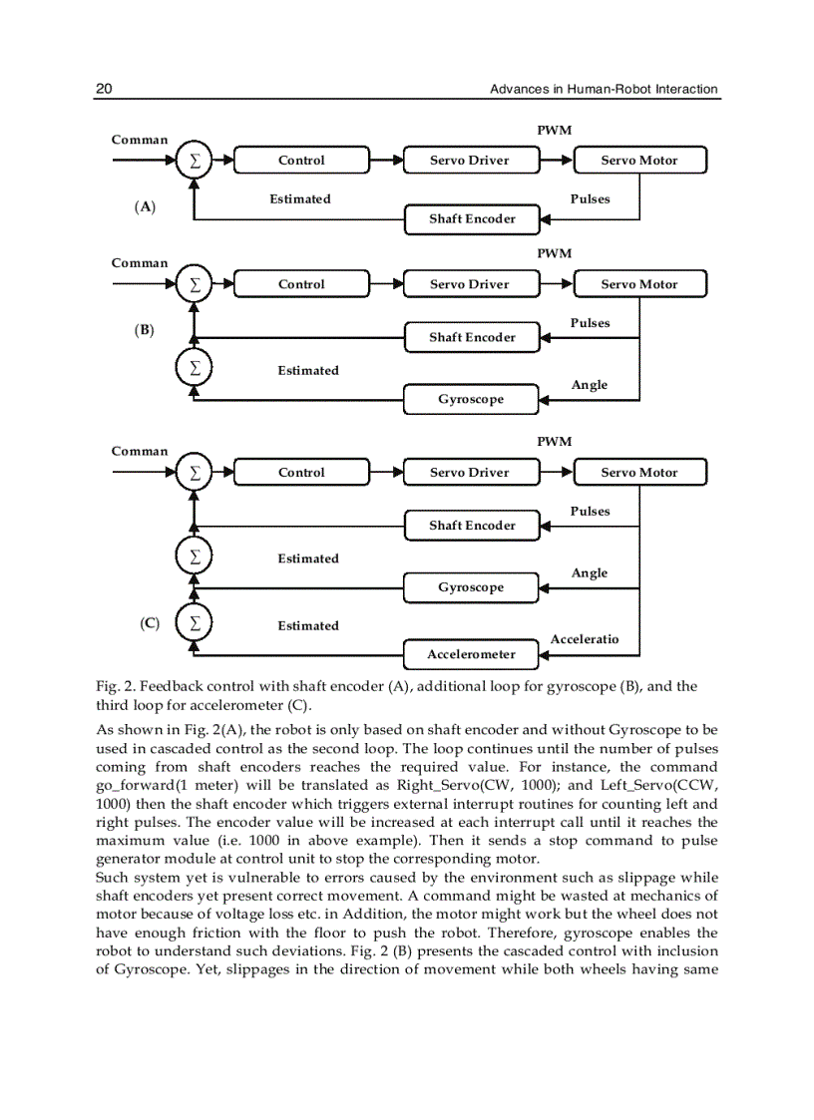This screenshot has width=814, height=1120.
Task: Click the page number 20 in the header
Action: point(103,90)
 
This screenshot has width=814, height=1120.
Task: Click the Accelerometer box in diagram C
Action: point(471,654)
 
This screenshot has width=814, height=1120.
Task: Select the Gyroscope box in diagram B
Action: point(471,399)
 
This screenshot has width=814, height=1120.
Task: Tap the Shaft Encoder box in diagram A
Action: point(472,219)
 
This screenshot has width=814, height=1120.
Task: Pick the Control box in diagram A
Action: point(301,161)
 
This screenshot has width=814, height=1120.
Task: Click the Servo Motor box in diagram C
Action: point(639,473)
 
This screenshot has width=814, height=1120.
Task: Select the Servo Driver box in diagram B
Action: point(470,284)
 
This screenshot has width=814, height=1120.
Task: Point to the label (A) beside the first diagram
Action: point(146,207)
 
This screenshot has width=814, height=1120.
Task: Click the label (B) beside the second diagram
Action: point(146,330)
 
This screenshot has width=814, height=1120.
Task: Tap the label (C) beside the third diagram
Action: point(150,624)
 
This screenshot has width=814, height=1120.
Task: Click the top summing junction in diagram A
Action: point(195,161)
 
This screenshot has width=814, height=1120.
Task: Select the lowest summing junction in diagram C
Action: point(195,624)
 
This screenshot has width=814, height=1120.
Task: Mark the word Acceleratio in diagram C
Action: point(585,639)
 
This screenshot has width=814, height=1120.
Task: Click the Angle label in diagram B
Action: point(589,385)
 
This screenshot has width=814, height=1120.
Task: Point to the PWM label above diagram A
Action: point(555,131)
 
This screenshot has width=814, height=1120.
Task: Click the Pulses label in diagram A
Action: point(590,199)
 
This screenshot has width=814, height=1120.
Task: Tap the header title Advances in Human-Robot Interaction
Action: point(604,90)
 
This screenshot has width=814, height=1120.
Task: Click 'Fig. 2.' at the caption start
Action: point(115,686)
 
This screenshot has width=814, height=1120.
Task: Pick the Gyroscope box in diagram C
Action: point(471,587)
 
